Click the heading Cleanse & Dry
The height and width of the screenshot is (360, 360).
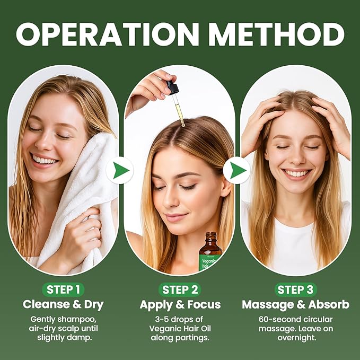(63, 305)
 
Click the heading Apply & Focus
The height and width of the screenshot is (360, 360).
(180, 305)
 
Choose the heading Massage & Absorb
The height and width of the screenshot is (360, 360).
(295, 305)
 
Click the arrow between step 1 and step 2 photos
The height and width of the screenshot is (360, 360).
(120, 171)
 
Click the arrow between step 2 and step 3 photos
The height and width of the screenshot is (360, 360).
(236, 171)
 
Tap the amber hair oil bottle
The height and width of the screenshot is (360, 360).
(210, 252)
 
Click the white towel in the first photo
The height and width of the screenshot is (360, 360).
(80, 201)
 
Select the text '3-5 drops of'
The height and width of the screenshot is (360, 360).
(180, 319)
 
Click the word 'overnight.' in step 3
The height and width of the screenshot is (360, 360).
(295, 337)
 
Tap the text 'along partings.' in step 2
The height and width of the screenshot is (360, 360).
(180, 337)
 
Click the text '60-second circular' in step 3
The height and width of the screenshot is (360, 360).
(295, 319)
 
